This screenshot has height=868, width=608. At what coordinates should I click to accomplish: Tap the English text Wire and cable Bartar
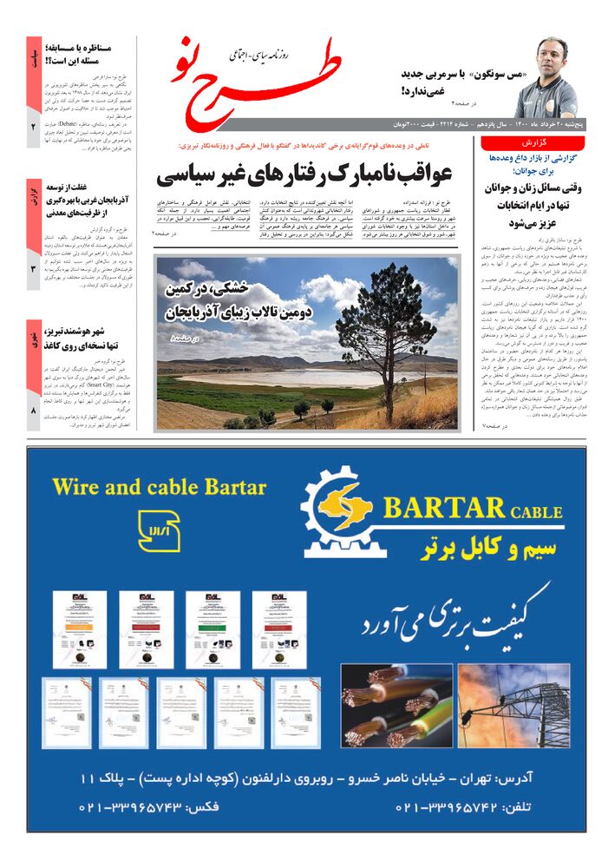159,485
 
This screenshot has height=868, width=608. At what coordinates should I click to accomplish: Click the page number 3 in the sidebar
34,269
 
